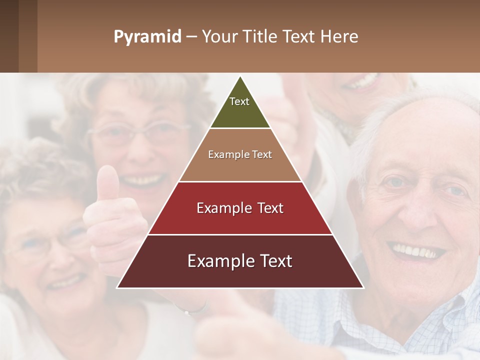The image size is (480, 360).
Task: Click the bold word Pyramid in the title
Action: [x=147, y=36]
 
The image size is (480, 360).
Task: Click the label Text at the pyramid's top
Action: [x=239, y=101]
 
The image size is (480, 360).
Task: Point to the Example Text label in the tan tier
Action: [x=240, y=154]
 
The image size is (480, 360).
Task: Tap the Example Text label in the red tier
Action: [x=240, y=208]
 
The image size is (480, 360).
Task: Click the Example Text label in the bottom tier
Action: [x=240, y=261]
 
